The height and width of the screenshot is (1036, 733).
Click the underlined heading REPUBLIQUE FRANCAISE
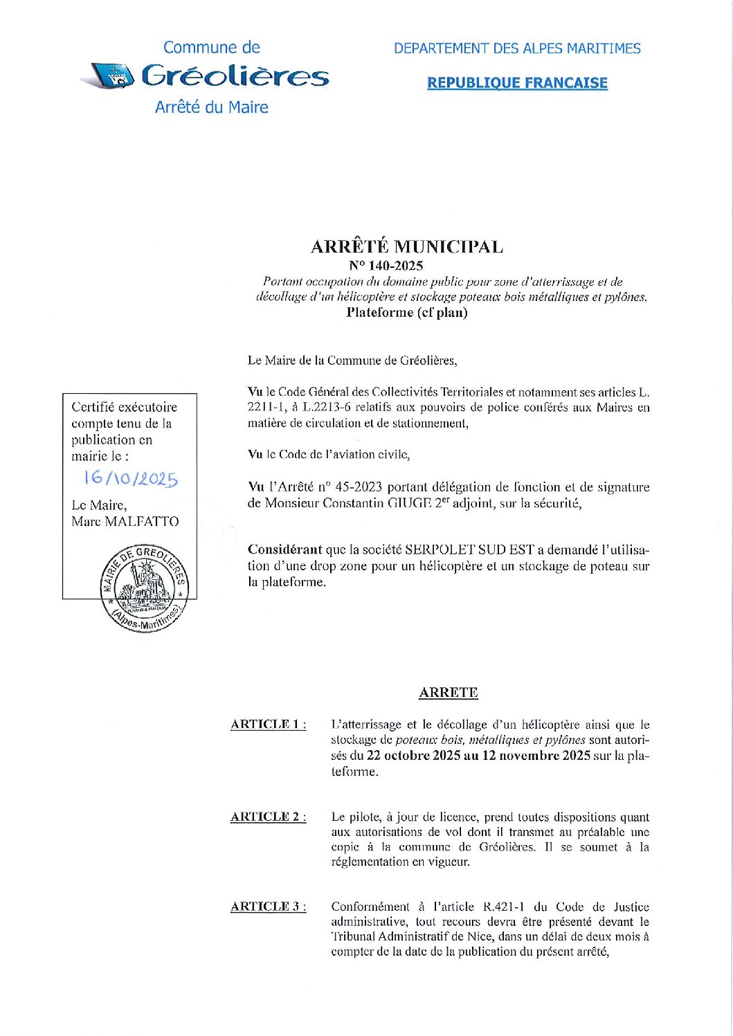coord(517,83)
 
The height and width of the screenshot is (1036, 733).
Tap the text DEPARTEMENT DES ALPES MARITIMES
coord(517,48)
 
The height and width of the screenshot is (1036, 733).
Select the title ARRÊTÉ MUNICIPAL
coord(407,247)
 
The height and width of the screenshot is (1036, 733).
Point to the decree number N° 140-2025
coord(386,266)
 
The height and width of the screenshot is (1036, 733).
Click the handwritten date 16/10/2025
coord(130,479)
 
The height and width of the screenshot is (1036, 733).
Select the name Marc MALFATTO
coord(125,522)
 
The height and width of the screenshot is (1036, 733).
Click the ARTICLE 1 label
coord(268,725)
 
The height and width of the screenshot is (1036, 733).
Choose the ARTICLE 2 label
coord(268,817)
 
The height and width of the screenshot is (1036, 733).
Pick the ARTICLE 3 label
coord(268,907)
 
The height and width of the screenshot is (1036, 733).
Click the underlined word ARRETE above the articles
coord(449,693)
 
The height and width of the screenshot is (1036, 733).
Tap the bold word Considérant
coord(284,550)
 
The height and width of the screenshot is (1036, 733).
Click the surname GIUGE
coord(409,503)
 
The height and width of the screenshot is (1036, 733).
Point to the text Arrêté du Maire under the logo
coord(211,107)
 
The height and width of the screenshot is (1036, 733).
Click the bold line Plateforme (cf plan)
coord(407,313)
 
